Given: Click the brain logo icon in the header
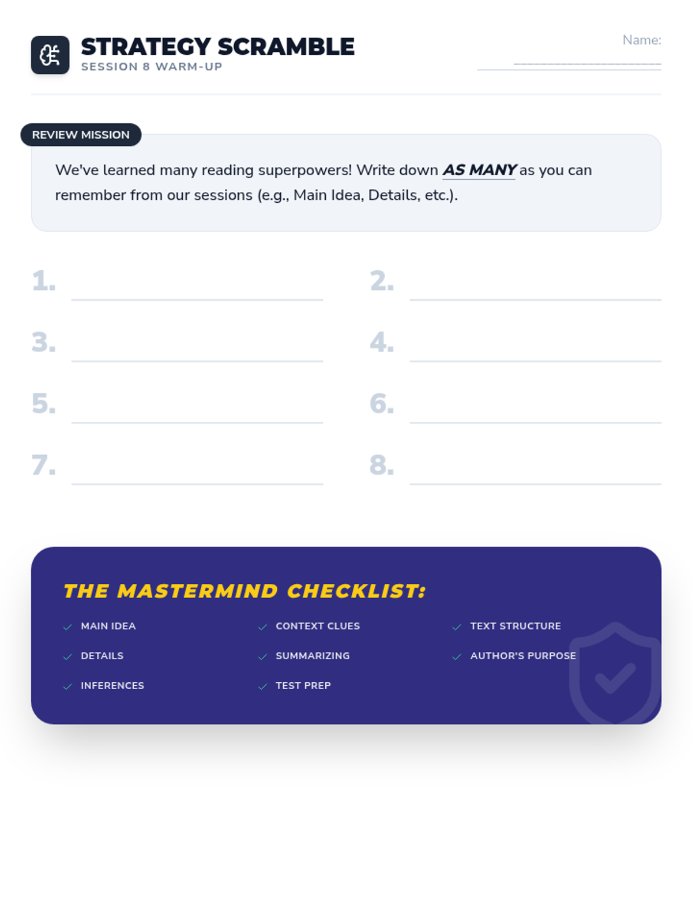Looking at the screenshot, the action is pyautogui.click(x=50, y=55).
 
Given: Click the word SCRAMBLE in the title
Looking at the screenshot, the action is pyautogui.click(x=286, y=47).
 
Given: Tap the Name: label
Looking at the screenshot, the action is pyautogui.click(x=641, y=40).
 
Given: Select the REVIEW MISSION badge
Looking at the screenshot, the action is pyautogui.click(x=81, y=135).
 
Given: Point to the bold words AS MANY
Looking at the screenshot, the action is pyautogui.click(x=479, y=169).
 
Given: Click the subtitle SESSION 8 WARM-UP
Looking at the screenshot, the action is pyautogui.click(x=152, y=67).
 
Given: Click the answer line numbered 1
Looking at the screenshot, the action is pyautogui.click(x=197, y=300).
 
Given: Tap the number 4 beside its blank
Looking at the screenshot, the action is pyautogui.click(x=382, y=342).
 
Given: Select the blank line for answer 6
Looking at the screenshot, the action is pyautogui.click(x=535, y=422).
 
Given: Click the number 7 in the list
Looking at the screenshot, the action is pyautogui.click(x=43, y=465).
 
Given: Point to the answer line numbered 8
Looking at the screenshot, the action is pyautogui.click(x=535, y=484).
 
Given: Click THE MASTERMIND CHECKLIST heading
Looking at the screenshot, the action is pyautogui.click(x=245, y=591).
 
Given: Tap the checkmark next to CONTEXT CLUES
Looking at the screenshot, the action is pyautogui.click(x=262, y=627).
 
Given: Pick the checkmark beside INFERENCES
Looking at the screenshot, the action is pyautogui.click(x=67, y=687).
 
